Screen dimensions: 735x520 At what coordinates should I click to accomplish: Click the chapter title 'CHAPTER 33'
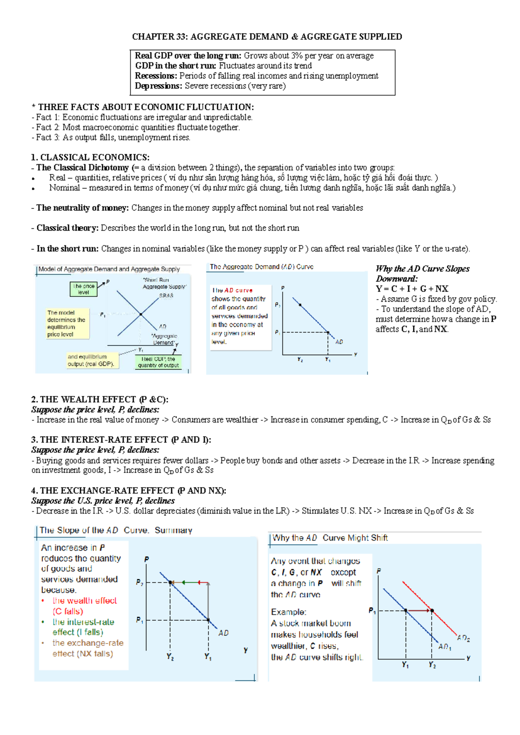[159, 37]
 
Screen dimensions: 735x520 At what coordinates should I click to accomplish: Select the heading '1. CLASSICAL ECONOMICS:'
[90, 157]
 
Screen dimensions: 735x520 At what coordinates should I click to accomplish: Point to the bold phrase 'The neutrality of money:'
[82, 208]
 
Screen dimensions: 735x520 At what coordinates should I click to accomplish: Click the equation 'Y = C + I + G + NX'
[412, 289]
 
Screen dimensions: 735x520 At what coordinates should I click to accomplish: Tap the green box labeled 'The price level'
[84, 289]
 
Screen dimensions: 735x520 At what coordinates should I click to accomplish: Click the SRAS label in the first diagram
[166, 296]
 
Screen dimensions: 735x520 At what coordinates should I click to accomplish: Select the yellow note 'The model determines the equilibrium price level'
[68, 323]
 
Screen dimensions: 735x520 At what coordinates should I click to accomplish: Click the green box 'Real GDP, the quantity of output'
[158, 362]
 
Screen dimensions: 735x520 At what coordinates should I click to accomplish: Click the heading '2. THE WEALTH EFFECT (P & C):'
[100, 400]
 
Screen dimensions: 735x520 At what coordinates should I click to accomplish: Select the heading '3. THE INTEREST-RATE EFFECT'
[121, 440]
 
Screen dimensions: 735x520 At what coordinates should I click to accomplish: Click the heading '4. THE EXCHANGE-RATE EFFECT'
[128, 491]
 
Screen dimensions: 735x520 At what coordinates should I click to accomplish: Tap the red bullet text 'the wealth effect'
[84, 601]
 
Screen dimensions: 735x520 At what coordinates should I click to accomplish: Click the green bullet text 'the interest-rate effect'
[83, 622]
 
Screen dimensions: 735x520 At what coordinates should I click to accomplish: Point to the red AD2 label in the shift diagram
[463, 637]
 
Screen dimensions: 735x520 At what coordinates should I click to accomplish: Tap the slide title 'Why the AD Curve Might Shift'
[330, 538]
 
